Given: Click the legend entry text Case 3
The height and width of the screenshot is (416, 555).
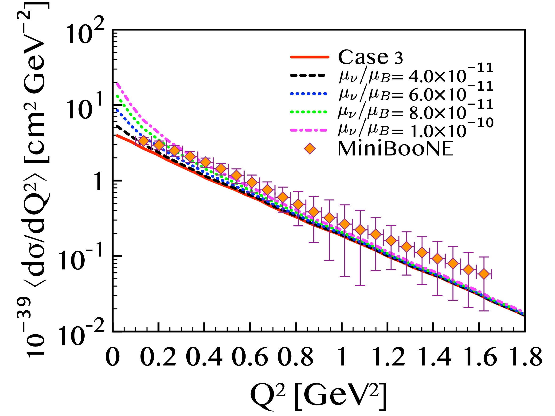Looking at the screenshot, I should (370, 57).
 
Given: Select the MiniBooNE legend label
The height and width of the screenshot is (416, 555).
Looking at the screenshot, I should (395, 149).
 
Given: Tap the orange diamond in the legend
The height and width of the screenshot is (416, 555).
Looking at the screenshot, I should (310, 149).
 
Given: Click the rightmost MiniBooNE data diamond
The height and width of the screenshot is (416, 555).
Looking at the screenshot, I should (484, 273).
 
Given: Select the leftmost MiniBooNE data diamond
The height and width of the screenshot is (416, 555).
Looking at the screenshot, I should (143, 141).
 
